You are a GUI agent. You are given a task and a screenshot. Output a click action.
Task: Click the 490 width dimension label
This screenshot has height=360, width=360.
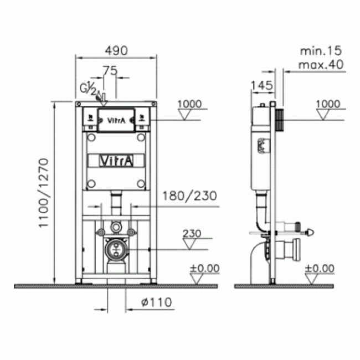point(116,50)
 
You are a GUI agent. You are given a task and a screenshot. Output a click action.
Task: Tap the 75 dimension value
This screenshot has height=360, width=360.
point(110,71)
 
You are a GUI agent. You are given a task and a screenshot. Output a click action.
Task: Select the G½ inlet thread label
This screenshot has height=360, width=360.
point(88,89)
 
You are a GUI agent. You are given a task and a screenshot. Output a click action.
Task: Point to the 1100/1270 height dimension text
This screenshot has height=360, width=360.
point(44,193)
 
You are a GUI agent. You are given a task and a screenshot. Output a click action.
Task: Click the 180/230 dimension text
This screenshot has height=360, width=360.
point(189,196)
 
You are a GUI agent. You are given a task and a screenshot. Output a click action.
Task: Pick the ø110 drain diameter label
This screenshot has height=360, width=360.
point(157,302)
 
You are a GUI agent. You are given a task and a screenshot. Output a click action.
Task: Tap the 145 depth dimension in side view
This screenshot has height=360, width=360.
point(262,85)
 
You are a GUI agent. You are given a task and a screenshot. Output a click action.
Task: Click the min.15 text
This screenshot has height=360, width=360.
point(321,51)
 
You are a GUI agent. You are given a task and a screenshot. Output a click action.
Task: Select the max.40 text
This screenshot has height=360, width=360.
point(321,64)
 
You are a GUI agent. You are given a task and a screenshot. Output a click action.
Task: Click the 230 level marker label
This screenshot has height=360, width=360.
point(192,234)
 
